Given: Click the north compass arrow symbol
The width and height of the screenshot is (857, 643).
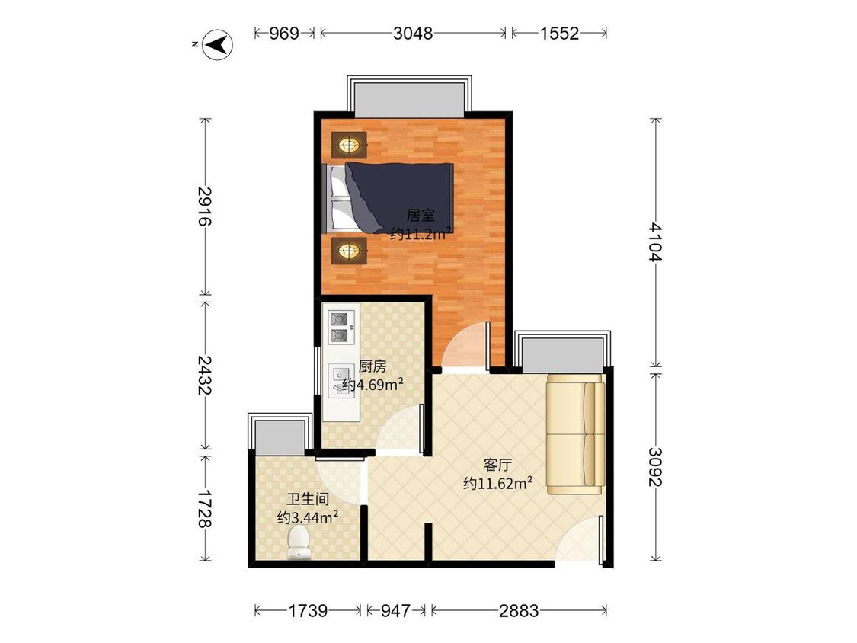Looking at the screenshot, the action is point(217,44).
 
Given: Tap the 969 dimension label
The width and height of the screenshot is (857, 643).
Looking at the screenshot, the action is point(284,34).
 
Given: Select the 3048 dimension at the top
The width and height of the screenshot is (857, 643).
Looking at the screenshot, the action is point(413,34).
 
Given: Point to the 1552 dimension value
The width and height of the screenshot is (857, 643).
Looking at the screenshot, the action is point(559,34).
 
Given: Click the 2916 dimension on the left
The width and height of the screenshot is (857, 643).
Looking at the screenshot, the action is point(205,206).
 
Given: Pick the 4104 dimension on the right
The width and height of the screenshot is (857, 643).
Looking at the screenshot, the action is point(655,242).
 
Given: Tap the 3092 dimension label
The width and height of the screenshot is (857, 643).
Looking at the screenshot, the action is point(655,467).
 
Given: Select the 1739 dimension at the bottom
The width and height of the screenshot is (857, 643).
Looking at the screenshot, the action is point(308,610).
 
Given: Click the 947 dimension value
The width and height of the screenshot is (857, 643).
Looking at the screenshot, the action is point(395,610).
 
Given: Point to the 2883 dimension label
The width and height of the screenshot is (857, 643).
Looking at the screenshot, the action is point(519,610).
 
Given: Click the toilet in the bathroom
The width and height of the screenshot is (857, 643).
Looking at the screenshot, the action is point(299,542).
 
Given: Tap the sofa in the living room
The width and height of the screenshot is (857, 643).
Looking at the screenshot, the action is point(576,434).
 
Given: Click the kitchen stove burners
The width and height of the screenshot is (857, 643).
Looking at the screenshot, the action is point(341,327).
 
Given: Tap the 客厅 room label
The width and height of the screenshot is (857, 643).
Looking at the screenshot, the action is point(497,465).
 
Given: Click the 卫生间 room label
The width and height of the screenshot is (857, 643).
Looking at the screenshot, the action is point(308,499).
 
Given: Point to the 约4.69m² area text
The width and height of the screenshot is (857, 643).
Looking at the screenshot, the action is point(374,385).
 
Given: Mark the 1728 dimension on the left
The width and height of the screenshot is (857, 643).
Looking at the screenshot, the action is point(205,508).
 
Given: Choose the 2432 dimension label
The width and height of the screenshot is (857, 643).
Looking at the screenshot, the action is point(205,375).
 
